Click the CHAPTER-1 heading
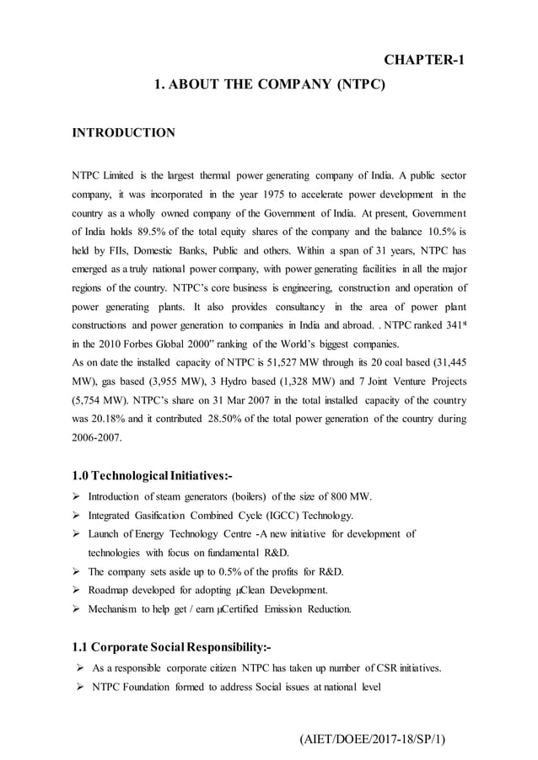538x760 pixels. (424, 59)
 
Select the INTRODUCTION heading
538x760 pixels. (124, 133)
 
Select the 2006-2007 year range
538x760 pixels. (97, 438)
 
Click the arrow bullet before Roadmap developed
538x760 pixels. (77, 591)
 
